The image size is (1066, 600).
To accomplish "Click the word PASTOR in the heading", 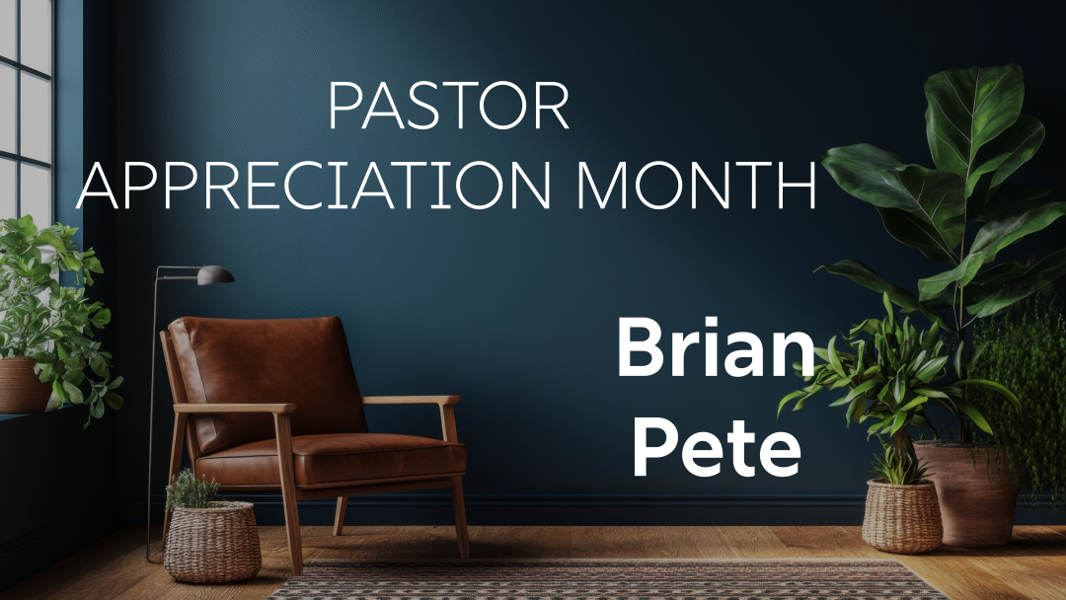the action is click(449, 106).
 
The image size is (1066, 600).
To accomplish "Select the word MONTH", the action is click(696, 185).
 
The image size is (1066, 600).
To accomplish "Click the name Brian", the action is click(716, 348).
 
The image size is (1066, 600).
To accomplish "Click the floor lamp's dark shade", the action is click(215, 275).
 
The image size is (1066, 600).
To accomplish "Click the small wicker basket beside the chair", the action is click(212, 542).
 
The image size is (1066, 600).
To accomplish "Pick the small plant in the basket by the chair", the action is click(191, 488).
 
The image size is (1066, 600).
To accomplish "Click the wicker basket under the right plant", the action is click(902, 515).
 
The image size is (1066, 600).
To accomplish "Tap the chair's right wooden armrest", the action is click(411, 401).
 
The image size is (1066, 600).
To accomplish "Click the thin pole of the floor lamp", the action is click(152, 414).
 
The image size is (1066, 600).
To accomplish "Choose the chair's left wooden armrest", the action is click(235, 409).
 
